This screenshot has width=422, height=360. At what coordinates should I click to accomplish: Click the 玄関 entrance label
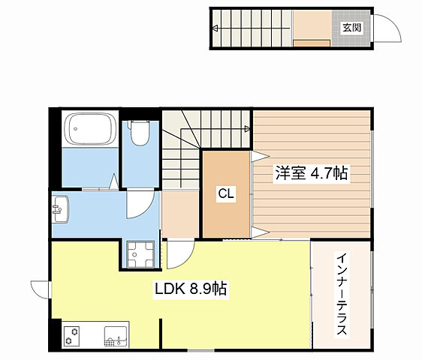point(351,28)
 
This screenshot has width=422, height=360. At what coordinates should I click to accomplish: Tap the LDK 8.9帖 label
point(191,289)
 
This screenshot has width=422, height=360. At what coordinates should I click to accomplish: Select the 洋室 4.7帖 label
point(312,173)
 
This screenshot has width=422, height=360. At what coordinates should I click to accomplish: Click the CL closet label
point(226,193)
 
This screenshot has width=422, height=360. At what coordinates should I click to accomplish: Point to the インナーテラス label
point(342,293)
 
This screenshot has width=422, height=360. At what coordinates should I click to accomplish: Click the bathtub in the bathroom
point(90,130)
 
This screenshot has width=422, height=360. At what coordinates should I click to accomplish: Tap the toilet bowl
point(139,133)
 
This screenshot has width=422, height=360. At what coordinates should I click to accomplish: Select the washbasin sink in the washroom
point(60,209)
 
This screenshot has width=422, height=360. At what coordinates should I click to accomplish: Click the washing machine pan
point(140,254)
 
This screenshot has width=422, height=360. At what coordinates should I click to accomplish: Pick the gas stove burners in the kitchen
point(72,336)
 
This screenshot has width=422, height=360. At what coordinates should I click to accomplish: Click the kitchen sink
point(116,337)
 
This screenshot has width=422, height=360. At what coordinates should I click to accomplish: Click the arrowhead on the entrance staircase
point(215,28)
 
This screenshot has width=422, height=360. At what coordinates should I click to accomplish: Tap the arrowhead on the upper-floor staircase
point(247,129)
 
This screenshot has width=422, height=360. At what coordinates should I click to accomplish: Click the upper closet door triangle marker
point(261,157)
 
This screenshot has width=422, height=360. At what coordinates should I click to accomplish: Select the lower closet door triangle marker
point(261,232)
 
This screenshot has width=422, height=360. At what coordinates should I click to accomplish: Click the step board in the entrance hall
point(312,43)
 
